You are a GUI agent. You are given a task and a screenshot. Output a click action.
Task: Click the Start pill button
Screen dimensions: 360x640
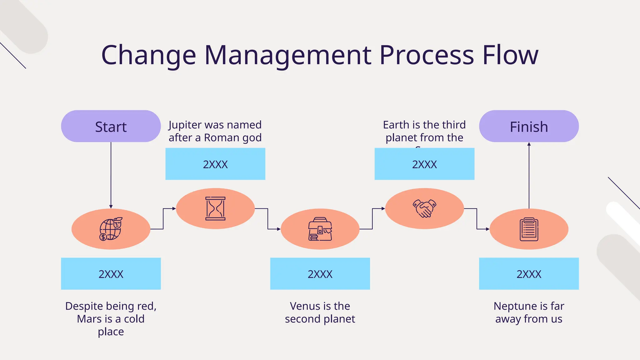coord(111,126)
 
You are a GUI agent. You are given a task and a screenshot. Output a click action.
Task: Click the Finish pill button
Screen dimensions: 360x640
coord(529,126)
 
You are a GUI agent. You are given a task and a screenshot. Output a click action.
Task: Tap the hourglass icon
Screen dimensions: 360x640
coord(215,208)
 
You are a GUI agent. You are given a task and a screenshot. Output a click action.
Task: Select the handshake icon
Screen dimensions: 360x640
coord(424,208)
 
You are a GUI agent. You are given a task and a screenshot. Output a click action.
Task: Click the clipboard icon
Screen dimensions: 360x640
coord(529,229)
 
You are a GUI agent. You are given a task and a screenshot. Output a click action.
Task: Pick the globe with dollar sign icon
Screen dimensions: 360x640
coord(111,229)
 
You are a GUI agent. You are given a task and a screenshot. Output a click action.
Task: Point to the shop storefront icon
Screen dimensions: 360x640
coord(320,229)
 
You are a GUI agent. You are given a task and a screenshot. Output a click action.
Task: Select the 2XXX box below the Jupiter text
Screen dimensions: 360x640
coord(215,164)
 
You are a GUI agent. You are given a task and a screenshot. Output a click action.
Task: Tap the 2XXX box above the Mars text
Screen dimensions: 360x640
coord(111,274)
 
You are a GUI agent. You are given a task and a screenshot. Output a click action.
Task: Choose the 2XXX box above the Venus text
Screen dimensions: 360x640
coord(320,274)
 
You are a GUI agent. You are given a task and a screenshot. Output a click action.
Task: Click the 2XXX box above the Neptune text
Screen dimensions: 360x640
coord(529,274)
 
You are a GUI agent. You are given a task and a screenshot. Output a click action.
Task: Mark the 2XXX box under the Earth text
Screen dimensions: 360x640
coord(424,164)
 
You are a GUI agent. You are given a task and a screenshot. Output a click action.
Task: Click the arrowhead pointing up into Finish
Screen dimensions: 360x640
coord(529,144)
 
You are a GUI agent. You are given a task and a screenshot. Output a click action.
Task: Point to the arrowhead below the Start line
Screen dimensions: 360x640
coord(111,207)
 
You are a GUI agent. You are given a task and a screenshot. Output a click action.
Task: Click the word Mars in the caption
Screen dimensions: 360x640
coord(89,319)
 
